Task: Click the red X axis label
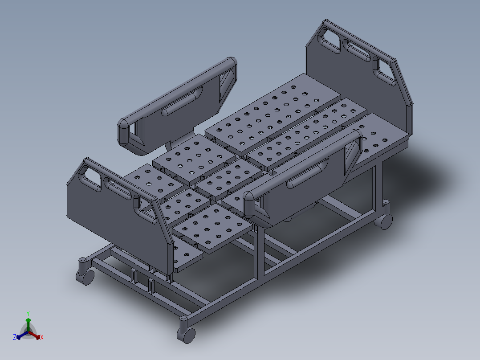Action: [42, 338]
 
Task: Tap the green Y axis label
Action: [28, 313]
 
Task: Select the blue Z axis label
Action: [15, 337]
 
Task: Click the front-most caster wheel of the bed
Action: [186, 334]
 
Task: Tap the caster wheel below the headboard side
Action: [386, 221]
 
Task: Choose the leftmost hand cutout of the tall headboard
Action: [331, 40]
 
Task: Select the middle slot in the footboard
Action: [117, 189]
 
